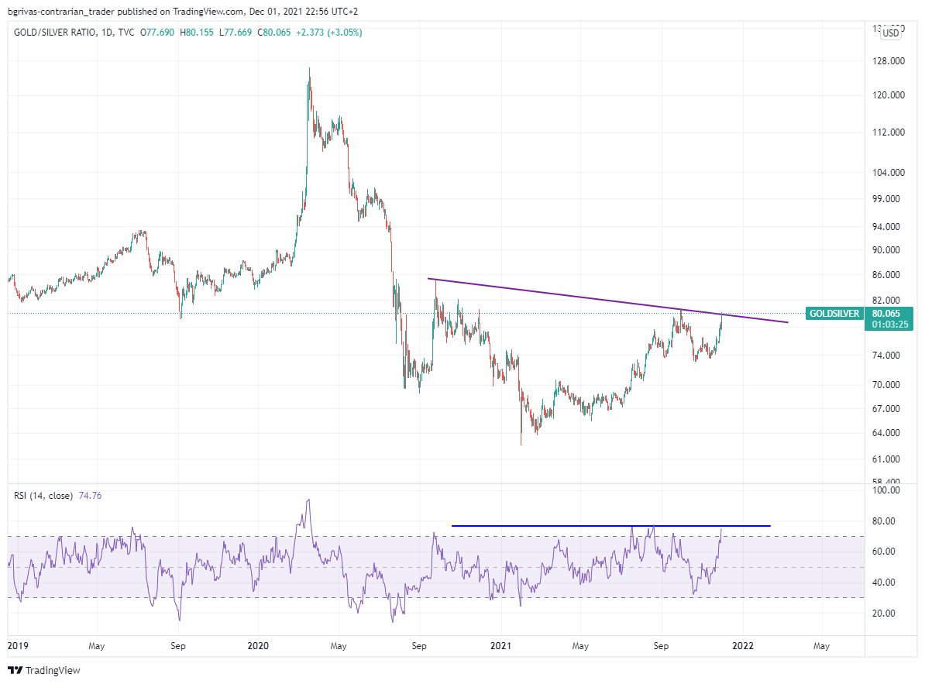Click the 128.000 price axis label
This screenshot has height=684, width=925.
(x=884, y=61)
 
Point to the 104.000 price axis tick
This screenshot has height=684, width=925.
(x=884, y=173)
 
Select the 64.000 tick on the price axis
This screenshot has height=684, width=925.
(x=884, y=433)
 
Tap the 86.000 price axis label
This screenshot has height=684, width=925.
(x=884, y=275)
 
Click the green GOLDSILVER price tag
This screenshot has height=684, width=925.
(x=834, y=314)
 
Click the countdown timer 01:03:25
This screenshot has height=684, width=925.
(x=889, y=325)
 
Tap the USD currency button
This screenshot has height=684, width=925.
(x=891, y=33)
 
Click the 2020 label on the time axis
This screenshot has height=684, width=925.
(x=259, y=645)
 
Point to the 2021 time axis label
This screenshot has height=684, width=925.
(x=500, y=645)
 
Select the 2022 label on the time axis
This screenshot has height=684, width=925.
(x=742, y=645)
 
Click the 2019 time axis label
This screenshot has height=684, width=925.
(x=18, y=645)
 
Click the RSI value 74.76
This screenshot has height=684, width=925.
(x=90, y=495)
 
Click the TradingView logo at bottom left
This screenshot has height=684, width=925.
(x=43, y=671)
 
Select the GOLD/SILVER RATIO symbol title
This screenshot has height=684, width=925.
(x=54, y=33)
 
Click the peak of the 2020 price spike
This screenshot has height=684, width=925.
(x=308, y=68)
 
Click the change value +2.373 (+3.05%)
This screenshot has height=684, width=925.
(x=326, y=33)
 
